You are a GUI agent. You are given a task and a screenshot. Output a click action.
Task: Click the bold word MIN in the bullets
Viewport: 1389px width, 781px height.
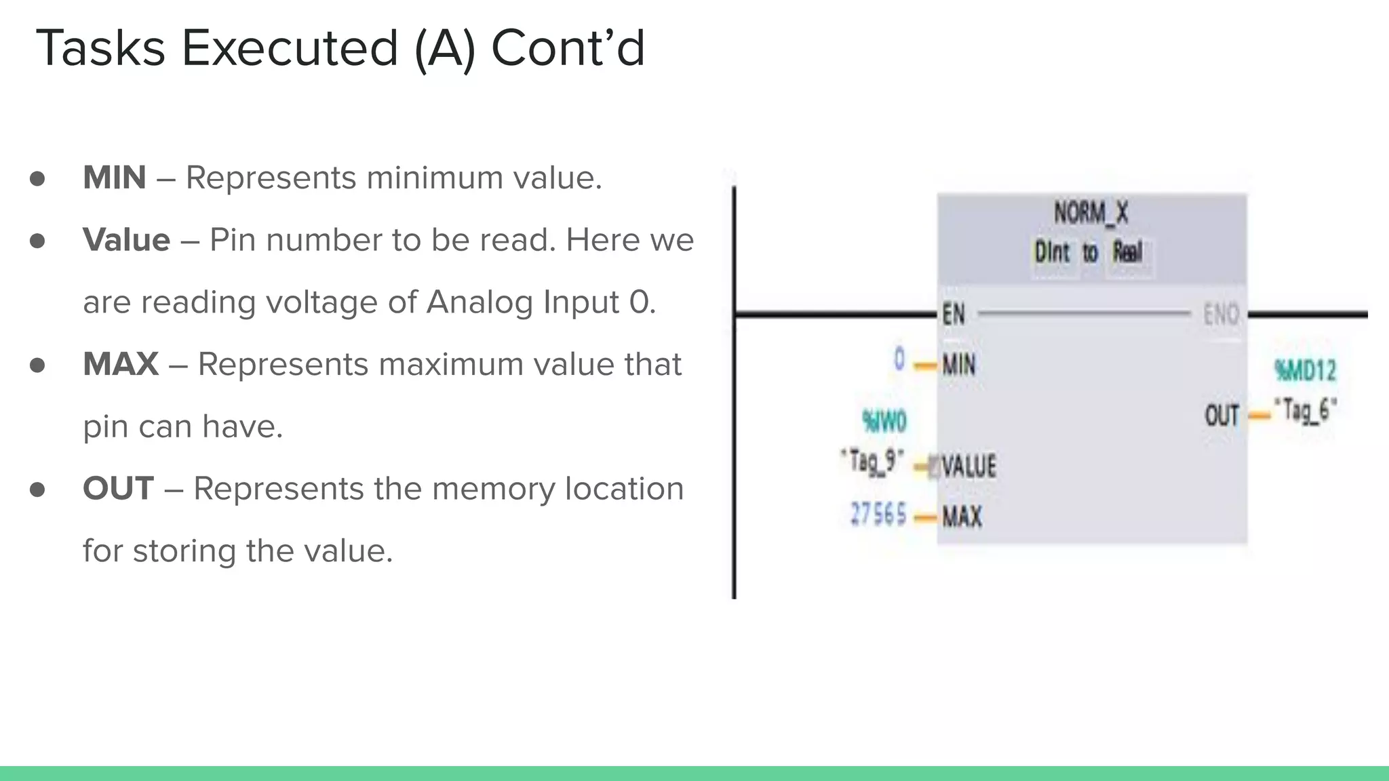click(114, 178)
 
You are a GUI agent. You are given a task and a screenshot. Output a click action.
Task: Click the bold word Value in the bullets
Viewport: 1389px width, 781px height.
click(126, 240)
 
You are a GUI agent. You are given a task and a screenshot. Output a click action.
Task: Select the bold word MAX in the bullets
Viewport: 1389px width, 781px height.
click(120, 364)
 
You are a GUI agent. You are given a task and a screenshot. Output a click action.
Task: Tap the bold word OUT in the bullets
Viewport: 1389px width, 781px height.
click(118, 489)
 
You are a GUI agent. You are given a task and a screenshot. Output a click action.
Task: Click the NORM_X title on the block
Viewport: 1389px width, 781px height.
click(1091, 213)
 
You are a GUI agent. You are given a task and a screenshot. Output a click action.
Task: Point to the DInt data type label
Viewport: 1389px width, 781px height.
click(1052, 253)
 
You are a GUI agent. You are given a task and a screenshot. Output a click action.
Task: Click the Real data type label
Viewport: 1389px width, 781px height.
click(1128, 253)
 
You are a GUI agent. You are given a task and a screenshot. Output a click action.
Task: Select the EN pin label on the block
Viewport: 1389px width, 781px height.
click(953, 315)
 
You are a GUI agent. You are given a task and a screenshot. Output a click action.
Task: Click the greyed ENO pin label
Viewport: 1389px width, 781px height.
click(1221, 315)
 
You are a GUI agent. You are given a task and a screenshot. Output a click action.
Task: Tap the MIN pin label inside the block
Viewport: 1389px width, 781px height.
click(959, 365)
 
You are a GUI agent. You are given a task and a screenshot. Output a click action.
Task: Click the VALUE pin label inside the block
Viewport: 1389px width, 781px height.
click(969, 466)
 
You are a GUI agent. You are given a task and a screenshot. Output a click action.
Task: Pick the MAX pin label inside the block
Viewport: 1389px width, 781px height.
click(962, 517)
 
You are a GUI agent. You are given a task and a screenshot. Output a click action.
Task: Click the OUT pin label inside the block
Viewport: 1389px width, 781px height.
click(1221, 415)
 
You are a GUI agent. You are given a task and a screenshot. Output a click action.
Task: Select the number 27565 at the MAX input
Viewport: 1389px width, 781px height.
click(878, 514)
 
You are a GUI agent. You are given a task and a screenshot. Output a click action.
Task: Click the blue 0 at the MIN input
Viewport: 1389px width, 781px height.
click(899, 359)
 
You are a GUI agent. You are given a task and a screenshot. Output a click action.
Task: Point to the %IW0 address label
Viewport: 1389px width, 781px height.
click(884, 422)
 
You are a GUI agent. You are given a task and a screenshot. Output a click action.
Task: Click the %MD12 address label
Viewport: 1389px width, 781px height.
click(1305, 371)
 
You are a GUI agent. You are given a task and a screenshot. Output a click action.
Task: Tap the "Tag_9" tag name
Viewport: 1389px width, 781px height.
click(872, 462)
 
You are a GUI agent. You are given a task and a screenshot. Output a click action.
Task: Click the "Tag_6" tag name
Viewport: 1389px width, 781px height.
click(1305, 410)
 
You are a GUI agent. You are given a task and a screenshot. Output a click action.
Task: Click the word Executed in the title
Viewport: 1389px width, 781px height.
click(290, 48)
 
